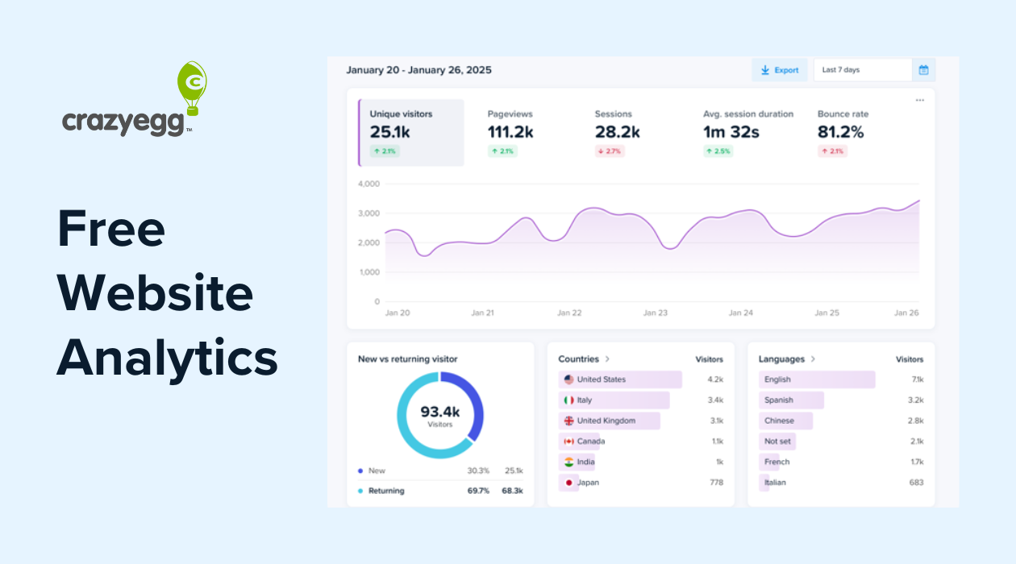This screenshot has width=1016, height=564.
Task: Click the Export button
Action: (780, 70)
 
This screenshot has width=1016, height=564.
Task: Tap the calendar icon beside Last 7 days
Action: (923, 70)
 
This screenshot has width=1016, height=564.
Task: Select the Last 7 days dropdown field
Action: (862, 70)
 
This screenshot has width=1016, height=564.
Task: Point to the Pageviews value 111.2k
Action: (510, 131)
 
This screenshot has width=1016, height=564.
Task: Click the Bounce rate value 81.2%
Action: (840, 131)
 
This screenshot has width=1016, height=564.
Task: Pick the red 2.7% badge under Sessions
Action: (610, 151)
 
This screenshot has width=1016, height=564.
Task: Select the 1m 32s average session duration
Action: (731, 131)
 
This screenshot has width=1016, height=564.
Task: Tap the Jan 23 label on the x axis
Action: (655, 313)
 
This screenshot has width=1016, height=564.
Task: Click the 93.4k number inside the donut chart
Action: (439, 412)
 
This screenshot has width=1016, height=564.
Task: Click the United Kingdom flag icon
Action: (568, 421)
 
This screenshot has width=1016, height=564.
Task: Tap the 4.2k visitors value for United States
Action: (714, 379)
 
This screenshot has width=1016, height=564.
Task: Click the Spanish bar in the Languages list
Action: (790, 400)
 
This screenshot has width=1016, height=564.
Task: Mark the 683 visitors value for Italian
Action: (915, 483)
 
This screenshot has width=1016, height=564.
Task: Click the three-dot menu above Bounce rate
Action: (919, 101)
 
